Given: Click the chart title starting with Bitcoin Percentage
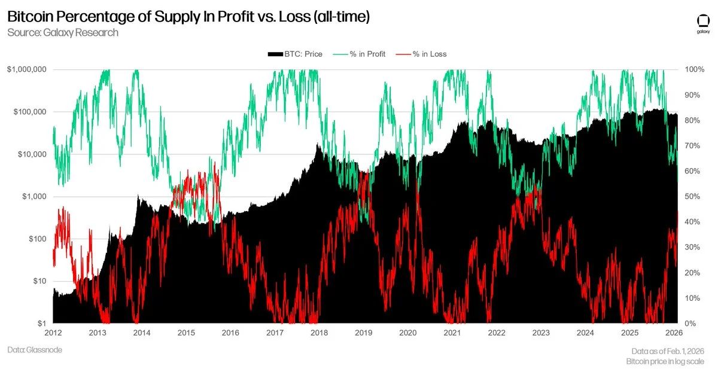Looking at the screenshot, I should [x=188, y=17].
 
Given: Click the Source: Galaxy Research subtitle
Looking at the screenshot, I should [x=63, y=32].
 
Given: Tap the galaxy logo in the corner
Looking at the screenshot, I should [x=703, y=23].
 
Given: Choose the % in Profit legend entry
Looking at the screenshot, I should [x=361, y=54].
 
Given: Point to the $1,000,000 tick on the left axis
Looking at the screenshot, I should [x=27, y=69].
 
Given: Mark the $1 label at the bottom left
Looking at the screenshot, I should [x=42, y=324].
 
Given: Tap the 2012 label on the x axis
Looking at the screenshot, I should [x=53, y=333].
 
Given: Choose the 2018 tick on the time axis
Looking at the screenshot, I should [x=319, y=333].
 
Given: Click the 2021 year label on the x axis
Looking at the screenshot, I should [x=452, y=333].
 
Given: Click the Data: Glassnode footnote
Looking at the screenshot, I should [x=35, y=350].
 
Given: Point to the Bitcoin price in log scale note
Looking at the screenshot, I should [x=665, y=361].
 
